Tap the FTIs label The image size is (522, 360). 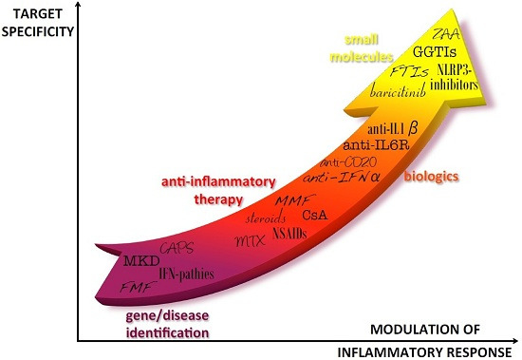pos(408,72)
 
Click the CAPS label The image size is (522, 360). pos(180,248)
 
